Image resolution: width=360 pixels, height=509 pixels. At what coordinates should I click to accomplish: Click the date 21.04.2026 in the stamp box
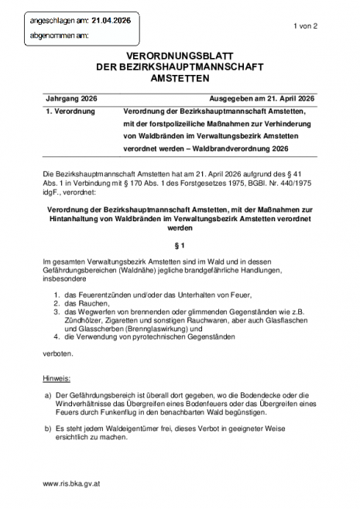pos(113,22)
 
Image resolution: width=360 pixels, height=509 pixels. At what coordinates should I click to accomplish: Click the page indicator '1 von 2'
pos(307,26)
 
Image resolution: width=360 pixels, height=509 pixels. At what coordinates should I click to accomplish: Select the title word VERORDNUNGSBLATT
pos(179,57)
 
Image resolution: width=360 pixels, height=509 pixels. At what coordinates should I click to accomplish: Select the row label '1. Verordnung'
pos(70,112)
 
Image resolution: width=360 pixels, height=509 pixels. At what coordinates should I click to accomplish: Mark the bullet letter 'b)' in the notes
pos(48,427)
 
